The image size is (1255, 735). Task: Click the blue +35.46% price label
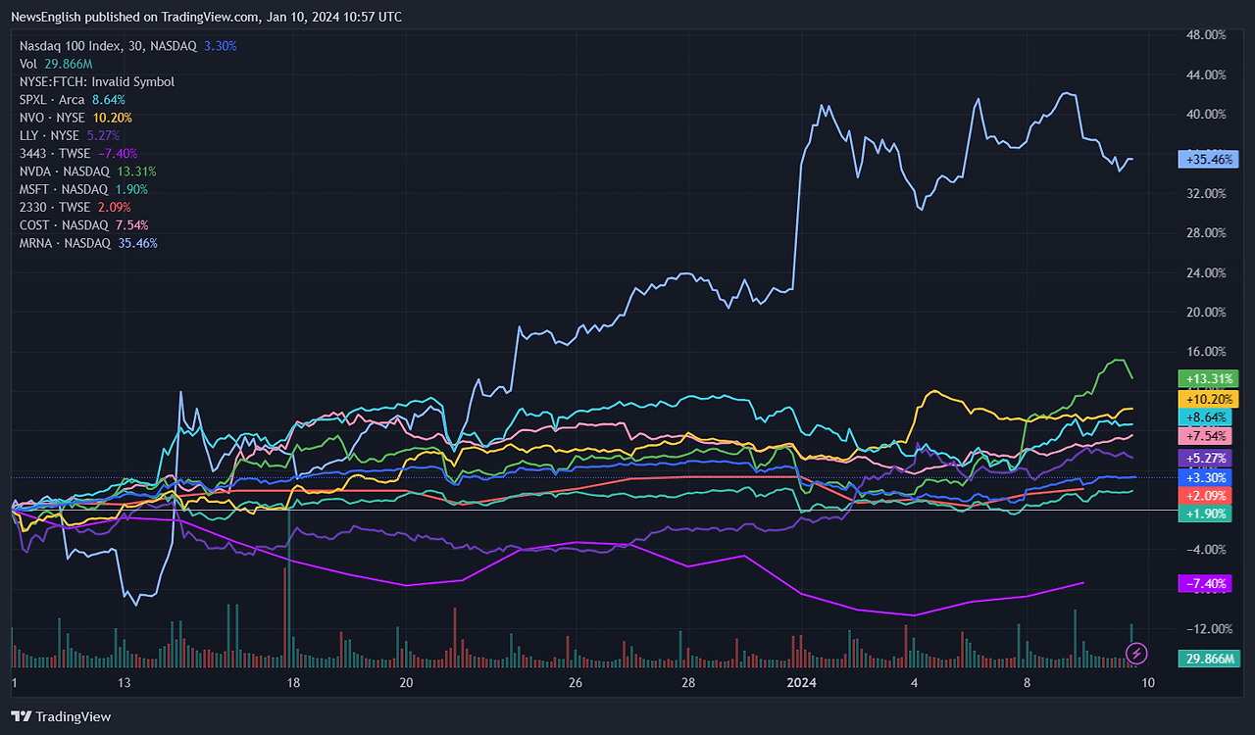(x=1211, y=159)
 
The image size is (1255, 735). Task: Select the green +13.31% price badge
(x=1211, y=378)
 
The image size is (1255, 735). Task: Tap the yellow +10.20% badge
(x=1211, y=399)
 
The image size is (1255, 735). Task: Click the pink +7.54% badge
(x=1211, y=436)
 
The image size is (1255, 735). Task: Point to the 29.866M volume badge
(x=1211, y=659)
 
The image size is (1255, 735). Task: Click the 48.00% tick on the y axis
(x=1205, y=34)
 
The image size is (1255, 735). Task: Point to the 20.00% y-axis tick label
(x=1205, y=313)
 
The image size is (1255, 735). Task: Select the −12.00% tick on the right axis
(x=1205, y=629)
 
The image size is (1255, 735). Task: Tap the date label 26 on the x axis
(x=576, y=683)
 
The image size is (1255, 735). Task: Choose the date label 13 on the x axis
(x=124, y=683)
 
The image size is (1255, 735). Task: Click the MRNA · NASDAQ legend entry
(x=65, y=243)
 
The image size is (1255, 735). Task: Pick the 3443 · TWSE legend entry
(x=55, y=154)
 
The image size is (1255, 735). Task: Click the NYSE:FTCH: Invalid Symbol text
(x=97, y=82)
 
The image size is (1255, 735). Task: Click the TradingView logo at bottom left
(x=61, y=716)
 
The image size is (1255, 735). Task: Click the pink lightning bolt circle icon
(x=1136, y=653)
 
